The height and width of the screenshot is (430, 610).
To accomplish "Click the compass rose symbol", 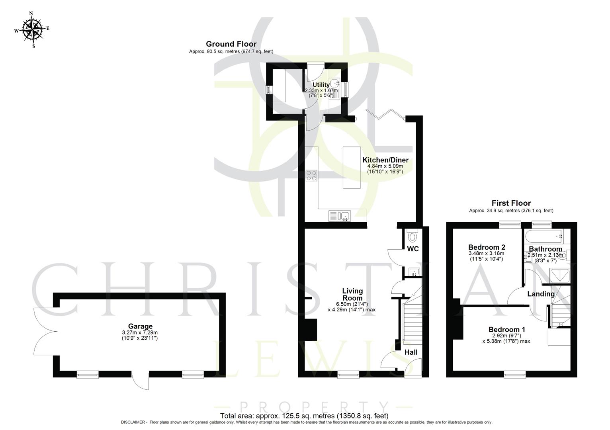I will point(32,29).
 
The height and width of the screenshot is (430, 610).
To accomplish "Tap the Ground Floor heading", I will point(231,44).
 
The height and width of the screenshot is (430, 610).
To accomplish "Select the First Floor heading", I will point(511,203).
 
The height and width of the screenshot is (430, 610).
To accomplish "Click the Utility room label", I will point(321,85).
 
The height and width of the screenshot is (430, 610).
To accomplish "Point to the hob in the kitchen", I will point(311,176).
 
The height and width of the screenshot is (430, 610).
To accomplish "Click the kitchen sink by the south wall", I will point(340,216).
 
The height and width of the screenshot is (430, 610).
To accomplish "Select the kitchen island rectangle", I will point(351,167).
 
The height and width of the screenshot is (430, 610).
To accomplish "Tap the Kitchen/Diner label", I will point(385,160).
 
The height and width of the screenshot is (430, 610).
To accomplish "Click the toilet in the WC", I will point(413,237).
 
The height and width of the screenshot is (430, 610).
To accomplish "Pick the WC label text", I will point(413,249).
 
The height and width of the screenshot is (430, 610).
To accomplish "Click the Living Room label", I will point(352,295).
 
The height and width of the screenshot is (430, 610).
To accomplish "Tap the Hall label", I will point(411,352).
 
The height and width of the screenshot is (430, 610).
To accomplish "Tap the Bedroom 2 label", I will point(486,247).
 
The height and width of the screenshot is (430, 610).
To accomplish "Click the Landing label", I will point(541,294).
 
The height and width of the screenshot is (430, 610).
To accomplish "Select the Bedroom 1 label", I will point(506,330).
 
